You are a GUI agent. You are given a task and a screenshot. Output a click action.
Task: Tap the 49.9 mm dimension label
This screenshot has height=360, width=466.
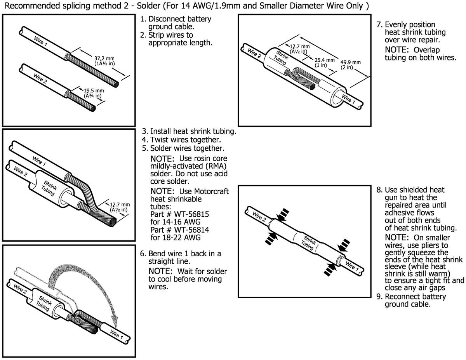tap(351, 62)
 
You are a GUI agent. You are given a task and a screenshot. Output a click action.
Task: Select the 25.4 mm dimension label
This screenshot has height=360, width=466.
tap(325, 60)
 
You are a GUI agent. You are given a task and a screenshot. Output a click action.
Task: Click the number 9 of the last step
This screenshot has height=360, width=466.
tap(379, 297)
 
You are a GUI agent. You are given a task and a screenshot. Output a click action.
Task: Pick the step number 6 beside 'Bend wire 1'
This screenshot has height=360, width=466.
tap(142, 254)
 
